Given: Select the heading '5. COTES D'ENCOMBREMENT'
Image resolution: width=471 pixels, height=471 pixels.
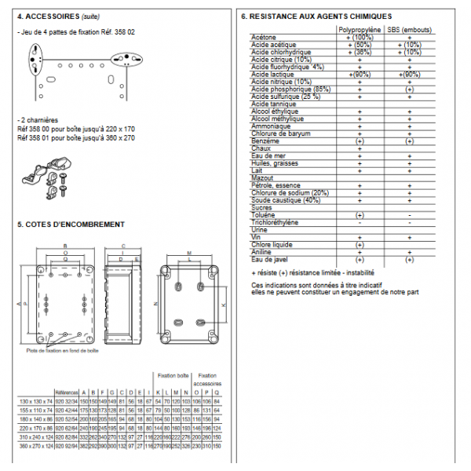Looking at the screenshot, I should pos(70,224).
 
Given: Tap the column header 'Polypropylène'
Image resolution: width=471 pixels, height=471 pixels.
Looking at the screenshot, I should pos(359,30).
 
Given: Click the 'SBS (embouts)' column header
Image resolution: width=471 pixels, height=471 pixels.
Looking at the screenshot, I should pos(409,30).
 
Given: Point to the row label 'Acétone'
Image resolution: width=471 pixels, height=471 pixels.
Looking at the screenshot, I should pos(264,37).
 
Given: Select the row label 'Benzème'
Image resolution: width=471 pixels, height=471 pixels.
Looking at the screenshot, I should pos(265,141).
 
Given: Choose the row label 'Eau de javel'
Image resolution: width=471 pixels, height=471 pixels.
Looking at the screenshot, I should pos(270,259).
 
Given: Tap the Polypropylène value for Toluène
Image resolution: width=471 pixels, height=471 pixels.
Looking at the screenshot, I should pos(360,215).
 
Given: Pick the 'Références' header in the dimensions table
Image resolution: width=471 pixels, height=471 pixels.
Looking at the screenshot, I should pos(66,390).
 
